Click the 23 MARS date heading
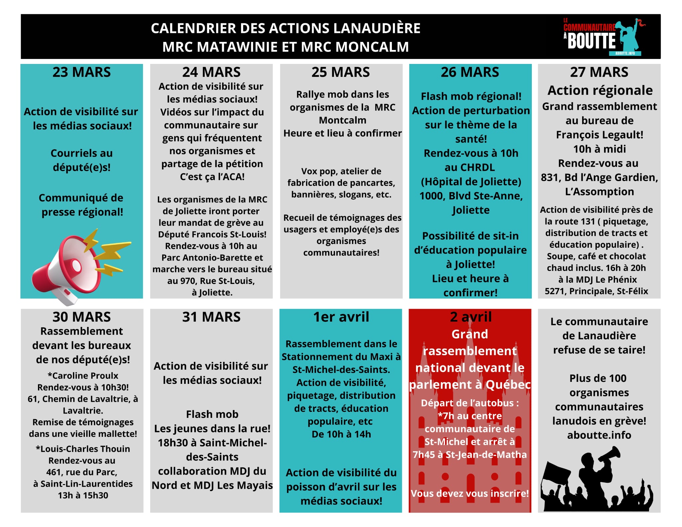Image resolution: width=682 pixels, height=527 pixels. (82, 72)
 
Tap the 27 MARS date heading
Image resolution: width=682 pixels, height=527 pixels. (599, 72)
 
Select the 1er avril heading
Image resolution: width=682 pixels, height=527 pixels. (341, 317)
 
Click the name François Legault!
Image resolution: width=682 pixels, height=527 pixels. (599, 135)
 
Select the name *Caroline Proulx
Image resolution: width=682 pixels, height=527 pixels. (83, 376)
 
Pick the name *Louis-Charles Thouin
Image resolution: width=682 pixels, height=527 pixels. (83, 449)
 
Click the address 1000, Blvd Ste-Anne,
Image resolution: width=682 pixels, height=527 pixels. (471, 196)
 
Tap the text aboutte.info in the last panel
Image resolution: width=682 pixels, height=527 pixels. (599, 435)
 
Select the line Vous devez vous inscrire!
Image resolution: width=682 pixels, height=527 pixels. (470, 493)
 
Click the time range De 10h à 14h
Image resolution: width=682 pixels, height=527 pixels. (341, 434)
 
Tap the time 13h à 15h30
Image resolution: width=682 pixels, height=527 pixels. (83, 496)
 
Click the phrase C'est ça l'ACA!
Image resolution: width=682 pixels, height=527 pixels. (212, 177)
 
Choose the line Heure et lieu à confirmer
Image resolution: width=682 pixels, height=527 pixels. (342, 133)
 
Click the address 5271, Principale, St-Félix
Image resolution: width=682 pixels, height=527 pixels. (596, 291)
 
